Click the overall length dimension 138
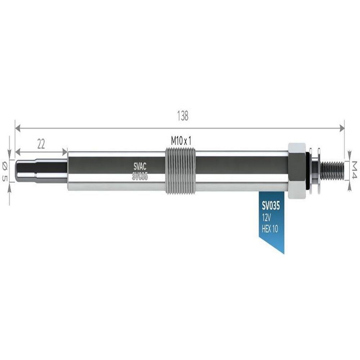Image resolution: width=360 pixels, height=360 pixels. (x=183, y=116)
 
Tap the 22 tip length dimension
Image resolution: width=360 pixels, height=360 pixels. (x=41, y=144)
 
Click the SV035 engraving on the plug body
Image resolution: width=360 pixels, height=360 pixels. (x=140, y=176)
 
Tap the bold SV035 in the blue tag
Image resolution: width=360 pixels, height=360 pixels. (x=271, y=206)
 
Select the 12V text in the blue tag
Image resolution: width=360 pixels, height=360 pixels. (x=266, y=217)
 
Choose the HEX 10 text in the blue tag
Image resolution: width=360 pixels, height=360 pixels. (x=270, y=229)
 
